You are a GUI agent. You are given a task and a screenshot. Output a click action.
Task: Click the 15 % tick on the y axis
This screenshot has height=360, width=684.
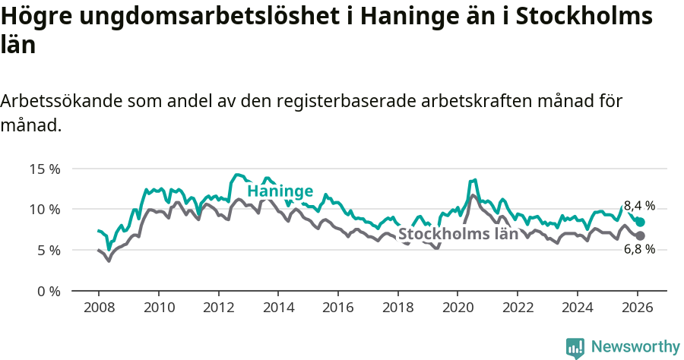click(x=45, y=169)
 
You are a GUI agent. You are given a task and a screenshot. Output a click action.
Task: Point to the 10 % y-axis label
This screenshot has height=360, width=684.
click(x=45, y=209)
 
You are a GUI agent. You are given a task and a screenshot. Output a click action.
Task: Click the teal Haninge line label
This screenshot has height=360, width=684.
click(x=280, y=191)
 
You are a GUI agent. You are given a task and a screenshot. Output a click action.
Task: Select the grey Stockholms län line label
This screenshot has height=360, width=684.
click(x=458, y=234)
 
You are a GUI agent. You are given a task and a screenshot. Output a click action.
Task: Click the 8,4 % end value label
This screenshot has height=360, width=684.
click(x=639, y=205)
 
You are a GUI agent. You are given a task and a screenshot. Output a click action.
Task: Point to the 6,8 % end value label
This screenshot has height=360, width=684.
click(x=639, y=249)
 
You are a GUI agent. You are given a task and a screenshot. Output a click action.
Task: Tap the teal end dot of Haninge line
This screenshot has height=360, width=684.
click(x=641, y=222)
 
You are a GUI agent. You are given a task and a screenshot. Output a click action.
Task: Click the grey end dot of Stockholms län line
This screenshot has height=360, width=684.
click(x=641, y=235)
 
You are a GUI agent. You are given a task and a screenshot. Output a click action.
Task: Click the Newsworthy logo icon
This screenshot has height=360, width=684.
click(x=575, y=347)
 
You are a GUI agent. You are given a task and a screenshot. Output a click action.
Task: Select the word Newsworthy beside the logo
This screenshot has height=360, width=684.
click(x=635, y=347)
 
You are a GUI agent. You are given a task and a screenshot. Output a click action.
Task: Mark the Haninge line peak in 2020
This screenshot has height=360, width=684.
click(x=474, y=180)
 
